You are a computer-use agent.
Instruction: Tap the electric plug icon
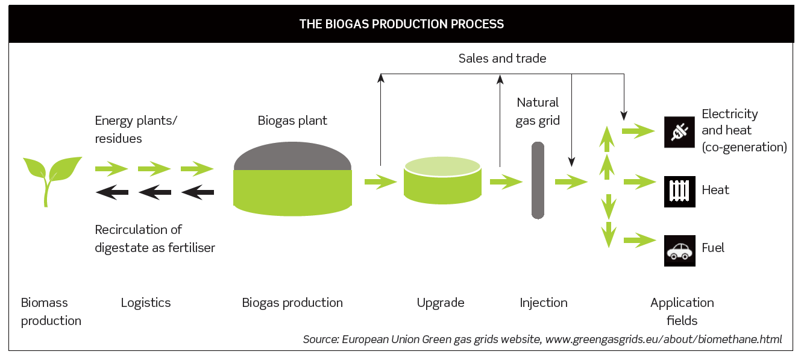pos(679,132)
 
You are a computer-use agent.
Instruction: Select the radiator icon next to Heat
pos(679,191)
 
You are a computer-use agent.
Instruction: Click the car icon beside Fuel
pos(679,250)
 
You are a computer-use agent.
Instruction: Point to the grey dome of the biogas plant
pos(292,157)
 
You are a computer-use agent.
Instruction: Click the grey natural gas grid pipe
pos(538,180)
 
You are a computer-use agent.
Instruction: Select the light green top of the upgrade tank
pos(442,166)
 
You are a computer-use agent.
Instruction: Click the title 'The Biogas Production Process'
pos(401,24)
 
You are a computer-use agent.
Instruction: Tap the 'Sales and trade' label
pos(502,58)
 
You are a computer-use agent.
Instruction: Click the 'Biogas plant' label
pos(292,121)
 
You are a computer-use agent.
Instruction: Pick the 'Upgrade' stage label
pos(440,303)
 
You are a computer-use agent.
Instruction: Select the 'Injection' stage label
pos(543,303)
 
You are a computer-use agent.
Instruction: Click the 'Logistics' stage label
pos(145,303)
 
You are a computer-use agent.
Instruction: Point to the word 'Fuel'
pos(712,248)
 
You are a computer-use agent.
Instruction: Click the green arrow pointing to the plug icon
pos(639,131)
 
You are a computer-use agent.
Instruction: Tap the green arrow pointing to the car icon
pos(639,240)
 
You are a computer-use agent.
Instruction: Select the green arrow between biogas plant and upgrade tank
pos(381,182)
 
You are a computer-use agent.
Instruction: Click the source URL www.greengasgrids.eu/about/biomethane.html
pos(664,339)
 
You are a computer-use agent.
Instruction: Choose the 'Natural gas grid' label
pos(538,112)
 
